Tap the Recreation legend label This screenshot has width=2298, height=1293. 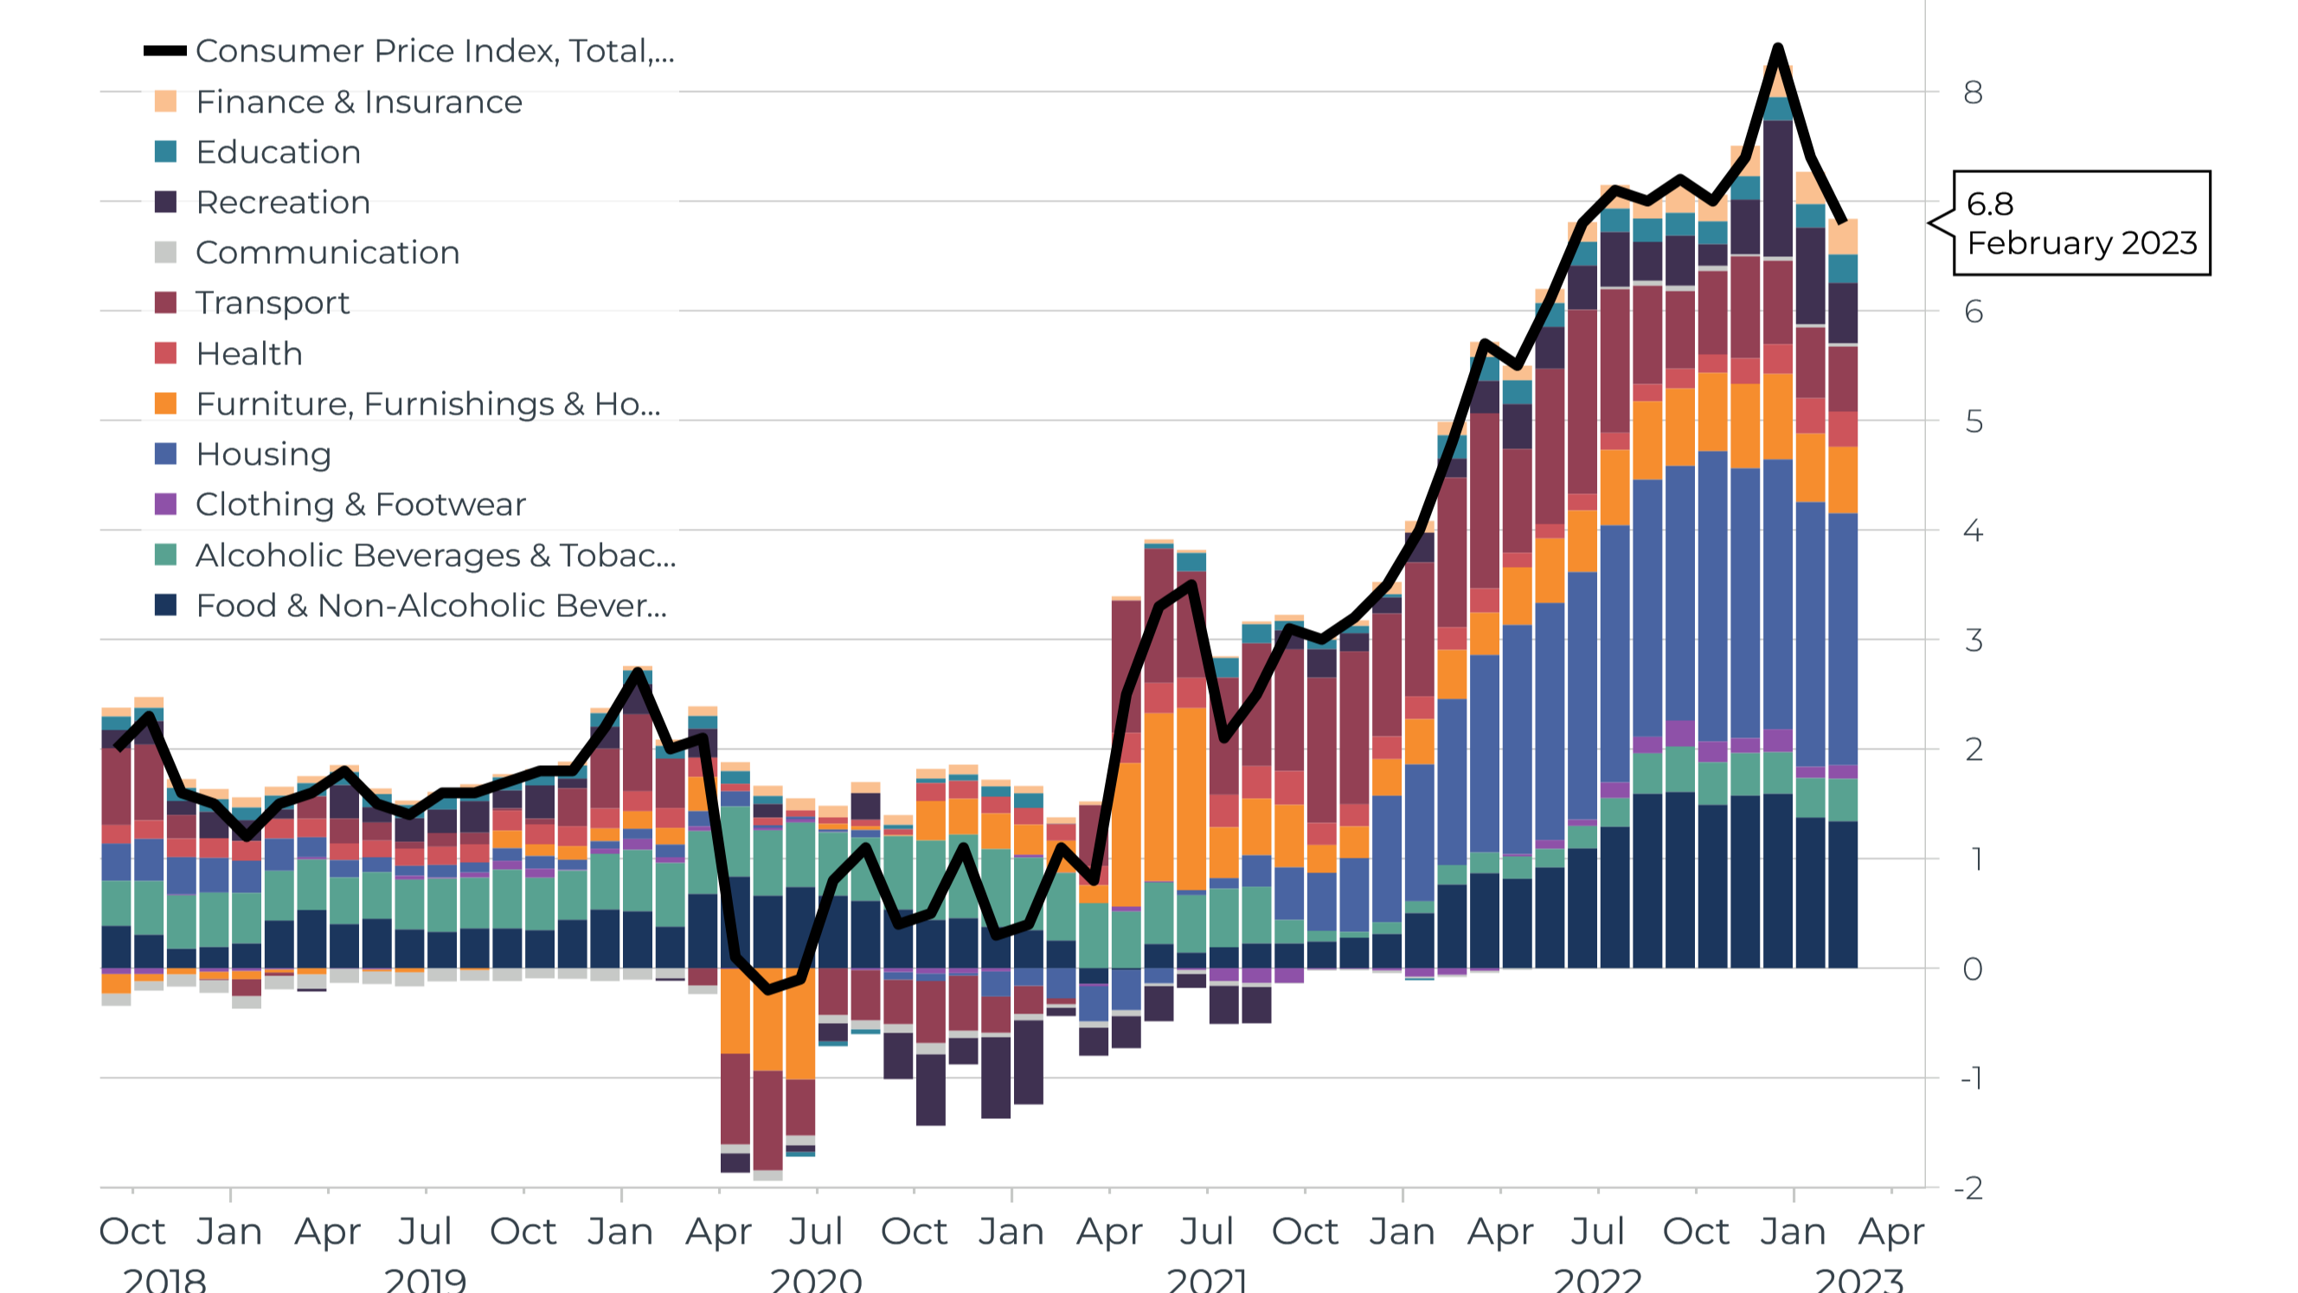283,203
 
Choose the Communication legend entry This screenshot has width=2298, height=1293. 327,253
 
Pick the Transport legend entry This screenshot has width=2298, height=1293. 272,303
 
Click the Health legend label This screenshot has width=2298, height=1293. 249,353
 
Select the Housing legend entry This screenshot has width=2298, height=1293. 263,454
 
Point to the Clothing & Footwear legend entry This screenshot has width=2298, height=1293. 361,505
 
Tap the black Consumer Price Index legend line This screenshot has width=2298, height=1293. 165,51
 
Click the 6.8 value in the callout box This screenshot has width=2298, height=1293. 1990,204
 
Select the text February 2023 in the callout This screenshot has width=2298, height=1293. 2081,242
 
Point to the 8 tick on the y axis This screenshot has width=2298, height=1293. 1973,92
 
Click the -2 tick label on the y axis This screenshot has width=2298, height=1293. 1969,1187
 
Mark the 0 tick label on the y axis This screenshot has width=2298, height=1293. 1973,968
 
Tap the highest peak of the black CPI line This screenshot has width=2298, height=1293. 1778,48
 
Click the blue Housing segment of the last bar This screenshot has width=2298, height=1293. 1842,638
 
